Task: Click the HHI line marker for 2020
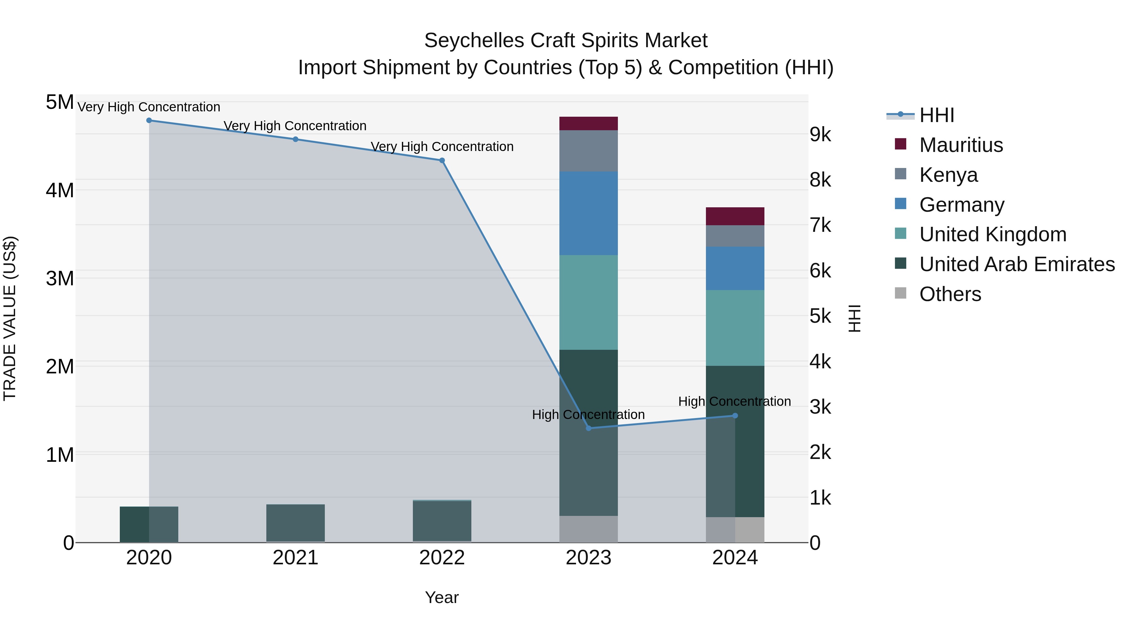149,120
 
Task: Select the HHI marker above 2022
442,160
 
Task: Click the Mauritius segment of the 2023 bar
588,124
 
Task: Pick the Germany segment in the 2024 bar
735,268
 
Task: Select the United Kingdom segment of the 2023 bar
588,302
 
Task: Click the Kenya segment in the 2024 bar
735,236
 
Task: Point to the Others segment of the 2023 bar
588,529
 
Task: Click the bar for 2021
295,523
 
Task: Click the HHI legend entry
936,115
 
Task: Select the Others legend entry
950,294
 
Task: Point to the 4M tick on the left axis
60,190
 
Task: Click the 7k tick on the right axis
820,225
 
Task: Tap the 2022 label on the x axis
442,558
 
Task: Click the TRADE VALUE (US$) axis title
10,318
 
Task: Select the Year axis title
442,597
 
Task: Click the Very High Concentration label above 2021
295,126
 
